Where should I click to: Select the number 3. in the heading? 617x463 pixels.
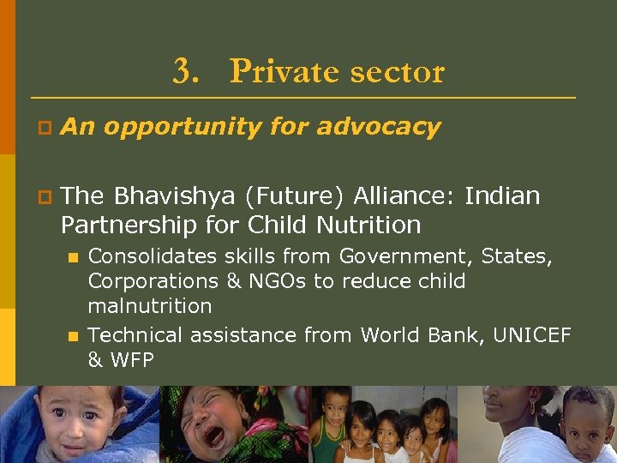(185, 71)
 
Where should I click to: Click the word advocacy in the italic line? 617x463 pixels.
(378, 127)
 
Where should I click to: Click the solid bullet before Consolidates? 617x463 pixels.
(74, 257)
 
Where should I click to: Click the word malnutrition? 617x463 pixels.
(149, 305)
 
